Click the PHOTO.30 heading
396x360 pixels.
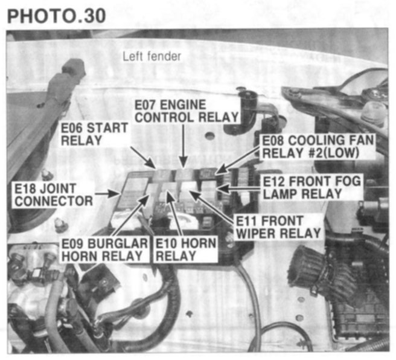tap(56, 16)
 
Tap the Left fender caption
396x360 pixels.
tap(152, 56)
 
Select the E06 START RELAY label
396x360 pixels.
tap(94, 134)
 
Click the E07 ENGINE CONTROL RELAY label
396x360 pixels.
tap(187, 111)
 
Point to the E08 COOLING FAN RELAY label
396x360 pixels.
tap(318, 147)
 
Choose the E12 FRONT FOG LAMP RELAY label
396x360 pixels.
tap(311, 187)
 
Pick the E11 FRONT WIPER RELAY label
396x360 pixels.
tap(278, 227)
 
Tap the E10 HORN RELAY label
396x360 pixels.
tap(186, 249)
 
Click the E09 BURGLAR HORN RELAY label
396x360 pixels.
tap(104, 249)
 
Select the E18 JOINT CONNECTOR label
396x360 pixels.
tap(54, 194)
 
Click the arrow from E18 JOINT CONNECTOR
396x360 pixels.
tap(107, 194)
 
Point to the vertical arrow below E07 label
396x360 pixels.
tap(184, 146)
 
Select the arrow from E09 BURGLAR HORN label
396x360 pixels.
tap(130, 215)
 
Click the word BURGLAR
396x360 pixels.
tap(118, 243)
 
